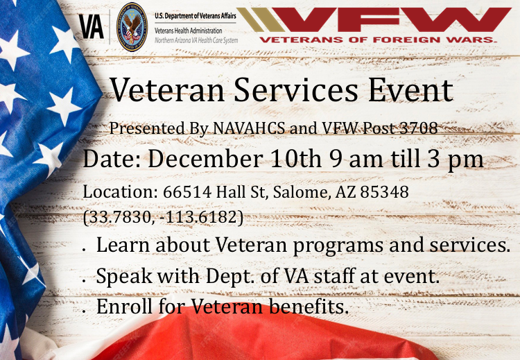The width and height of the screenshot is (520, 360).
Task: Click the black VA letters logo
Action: point(92,27)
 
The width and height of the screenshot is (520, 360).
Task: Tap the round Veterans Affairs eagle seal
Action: point(132,27)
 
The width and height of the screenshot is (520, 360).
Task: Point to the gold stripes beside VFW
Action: point(261,20)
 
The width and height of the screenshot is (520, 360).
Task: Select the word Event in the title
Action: point(410,90)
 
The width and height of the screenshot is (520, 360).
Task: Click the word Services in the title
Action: point(296,90)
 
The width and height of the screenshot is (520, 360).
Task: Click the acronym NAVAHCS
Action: point(249,128)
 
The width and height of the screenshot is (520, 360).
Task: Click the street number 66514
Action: point(187,191)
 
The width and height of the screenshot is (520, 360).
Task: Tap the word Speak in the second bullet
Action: point(124,276)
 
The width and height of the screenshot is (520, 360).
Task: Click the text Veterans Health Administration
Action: point(189,31)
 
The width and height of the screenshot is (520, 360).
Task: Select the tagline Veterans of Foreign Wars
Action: point(378,40)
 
